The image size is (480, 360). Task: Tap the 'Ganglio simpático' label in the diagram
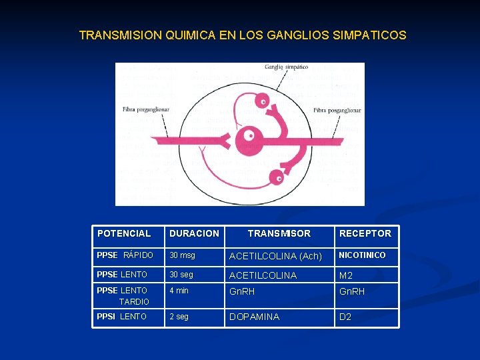(x=286, y=67)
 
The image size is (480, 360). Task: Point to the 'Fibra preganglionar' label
(x=145, y=109)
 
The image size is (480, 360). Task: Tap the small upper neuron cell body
(x=264, y=103)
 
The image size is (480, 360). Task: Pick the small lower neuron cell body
(x=276, y=177)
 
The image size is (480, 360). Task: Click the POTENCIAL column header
(x=124, y=233)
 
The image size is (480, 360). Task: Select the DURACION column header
(x=194, y=233)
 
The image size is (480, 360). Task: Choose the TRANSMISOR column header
(x=279, y=233)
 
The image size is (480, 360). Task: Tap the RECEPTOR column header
(x=365, y=233)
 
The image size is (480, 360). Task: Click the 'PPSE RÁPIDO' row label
(x=125, y=255)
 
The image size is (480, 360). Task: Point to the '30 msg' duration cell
(x=182, y=255)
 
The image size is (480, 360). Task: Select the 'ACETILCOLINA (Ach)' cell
(x=275, y=256)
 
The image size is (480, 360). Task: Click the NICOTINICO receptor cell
(x=362, y=255)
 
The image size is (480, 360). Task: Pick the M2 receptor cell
(x=345, y=275)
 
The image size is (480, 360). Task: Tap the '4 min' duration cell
(x=179, y=291)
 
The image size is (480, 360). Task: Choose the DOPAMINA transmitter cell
(x=254, y=317)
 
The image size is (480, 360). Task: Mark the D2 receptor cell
(x=345, y=317)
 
